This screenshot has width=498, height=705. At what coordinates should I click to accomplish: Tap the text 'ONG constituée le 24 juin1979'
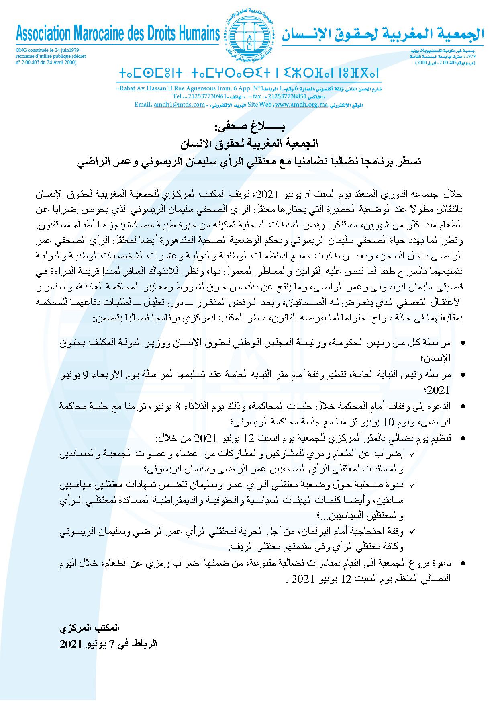click(x=50, y=50)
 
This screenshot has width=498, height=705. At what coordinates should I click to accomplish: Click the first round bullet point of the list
click(x=463, y=343)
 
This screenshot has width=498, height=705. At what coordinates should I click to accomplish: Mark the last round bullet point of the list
click(x=463, y=564)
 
